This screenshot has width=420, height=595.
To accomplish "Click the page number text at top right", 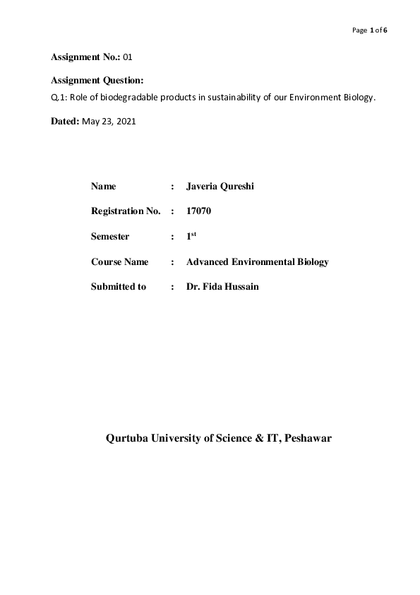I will [x=370, y=30].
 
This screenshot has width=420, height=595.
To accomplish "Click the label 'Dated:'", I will [x=65, y=122].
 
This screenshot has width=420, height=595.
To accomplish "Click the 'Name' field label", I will [x=103, y=187].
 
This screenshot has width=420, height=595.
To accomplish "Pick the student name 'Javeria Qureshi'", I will [x=220, y=187].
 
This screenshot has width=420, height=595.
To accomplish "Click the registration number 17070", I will [x=199, y=211].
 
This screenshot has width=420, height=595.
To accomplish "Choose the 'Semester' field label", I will [x=111, y=237].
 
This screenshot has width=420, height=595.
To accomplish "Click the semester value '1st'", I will [x=191, y=236].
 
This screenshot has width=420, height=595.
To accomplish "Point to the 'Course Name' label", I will [x=119, y=262].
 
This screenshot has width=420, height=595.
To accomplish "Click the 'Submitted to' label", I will [x=119, y=287].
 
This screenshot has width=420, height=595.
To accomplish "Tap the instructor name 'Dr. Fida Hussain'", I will [x=222, y=287].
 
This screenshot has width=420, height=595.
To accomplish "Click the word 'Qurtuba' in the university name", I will [x=129, y=438].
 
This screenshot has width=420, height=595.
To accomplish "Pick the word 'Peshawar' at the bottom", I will [x=307, y=438].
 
